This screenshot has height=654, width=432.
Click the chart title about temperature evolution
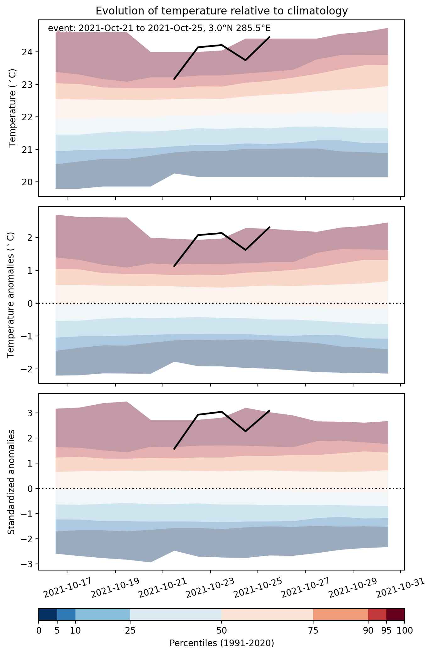point(222,11)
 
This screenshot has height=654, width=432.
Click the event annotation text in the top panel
point(159,28)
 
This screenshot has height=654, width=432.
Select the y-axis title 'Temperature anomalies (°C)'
point(11,295)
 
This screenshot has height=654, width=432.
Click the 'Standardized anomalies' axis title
point(11,482)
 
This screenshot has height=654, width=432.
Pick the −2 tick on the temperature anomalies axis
point(28,369)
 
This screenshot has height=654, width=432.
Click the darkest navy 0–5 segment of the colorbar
point(48,615)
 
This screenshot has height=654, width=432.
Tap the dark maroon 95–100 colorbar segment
point(396,615)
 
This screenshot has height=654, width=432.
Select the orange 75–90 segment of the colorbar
point(341,615)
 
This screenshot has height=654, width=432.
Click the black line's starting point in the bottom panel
point(174,449)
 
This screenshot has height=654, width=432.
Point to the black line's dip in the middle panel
point(245,250)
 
